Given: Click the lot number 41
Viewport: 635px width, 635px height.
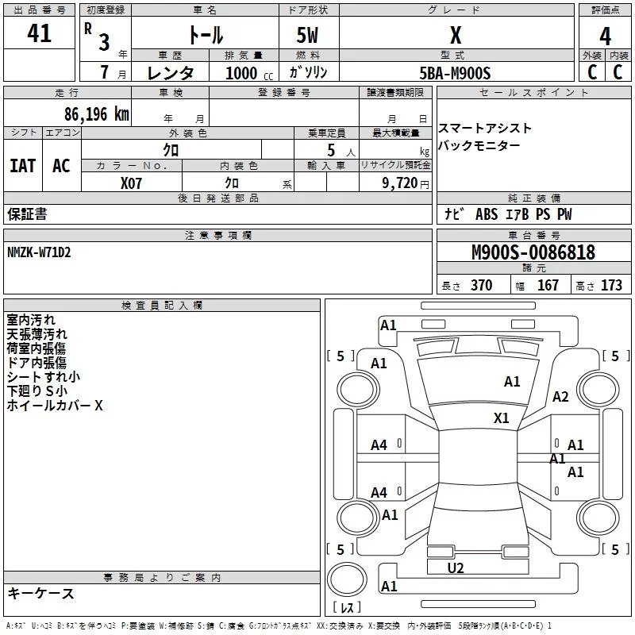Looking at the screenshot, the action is click(x=39, y=34).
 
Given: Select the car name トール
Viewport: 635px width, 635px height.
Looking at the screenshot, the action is click(x=205, y=35).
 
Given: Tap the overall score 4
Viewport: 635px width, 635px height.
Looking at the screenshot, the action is click(x=606, y=36).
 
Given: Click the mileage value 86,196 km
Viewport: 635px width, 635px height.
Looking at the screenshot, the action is click(x=96, y=114).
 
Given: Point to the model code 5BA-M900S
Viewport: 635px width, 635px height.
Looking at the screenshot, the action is click(x=455, y=73).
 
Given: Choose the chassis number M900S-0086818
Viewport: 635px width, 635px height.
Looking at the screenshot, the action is click(x=533, y=252).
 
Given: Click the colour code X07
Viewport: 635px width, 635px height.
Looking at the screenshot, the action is click(x=132, y=183).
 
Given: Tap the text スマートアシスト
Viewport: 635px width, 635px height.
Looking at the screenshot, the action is click(x=485, y=128).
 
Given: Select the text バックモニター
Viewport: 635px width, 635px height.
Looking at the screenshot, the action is click(x=479, y=145).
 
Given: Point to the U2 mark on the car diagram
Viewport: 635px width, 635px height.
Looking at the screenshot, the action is click(x=456, y=568).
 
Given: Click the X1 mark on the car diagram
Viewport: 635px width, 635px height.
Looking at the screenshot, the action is click(x=502, y=418).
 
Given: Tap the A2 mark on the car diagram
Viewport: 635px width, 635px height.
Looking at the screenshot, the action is click(x=561, y=397).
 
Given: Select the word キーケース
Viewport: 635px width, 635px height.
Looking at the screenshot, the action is click(x=41, y=593).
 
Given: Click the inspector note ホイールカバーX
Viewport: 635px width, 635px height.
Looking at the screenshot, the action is click(x=55, y=406).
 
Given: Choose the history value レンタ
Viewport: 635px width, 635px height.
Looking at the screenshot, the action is click(x=171, y=73).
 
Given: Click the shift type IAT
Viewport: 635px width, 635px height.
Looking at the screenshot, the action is click(x=22, y=165).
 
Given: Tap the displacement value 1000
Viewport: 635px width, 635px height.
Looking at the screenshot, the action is click(x=241, y=73).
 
